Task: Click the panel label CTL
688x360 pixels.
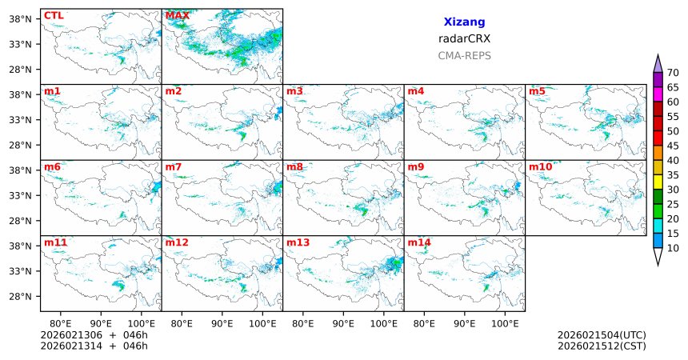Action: pos(54,15)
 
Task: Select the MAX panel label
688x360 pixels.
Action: pos(177,15)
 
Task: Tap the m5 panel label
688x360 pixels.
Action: pos(537,91)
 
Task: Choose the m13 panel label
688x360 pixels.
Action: pos(298,242)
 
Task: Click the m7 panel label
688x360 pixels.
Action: pos(174,167)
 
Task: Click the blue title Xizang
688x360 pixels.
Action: pos(464,22)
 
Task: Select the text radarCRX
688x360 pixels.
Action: pos(464,38)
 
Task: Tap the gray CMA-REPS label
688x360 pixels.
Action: pos(464,56)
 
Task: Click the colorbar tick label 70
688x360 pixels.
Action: pos(673,73)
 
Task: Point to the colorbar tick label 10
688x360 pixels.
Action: pos(673,249)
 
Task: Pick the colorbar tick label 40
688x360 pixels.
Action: pos(673,161)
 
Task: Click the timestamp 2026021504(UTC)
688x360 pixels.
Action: pos(602,335)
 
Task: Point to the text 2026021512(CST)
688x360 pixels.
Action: pos(602,346)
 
